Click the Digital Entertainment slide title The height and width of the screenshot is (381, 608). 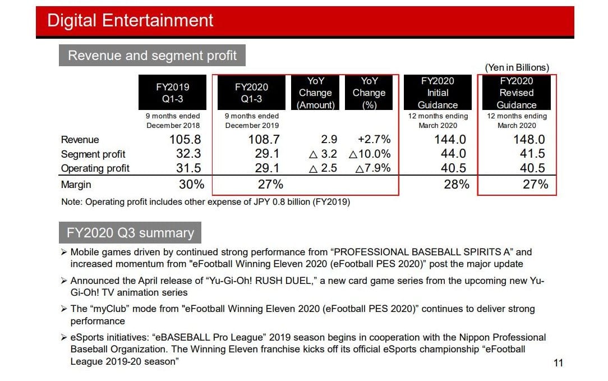point(130,20)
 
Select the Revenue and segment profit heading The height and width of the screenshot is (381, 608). point(152,56)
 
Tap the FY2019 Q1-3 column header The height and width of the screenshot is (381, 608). point(173,93)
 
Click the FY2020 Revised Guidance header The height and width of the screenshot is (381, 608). point(517,93)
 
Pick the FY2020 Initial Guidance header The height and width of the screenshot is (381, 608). point(438,93)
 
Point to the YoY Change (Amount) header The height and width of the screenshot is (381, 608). point(315,93)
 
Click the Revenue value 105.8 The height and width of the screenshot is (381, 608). point(185,139)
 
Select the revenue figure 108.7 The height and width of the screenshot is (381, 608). point(264,139)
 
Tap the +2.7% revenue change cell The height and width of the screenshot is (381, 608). point(374,139)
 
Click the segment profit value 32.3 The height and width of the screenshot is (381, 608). point(188,154)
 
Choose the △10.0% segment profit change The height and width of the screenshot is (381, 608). point(370,154)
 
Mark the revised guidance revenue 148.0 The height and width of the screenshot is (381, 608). point(529,139)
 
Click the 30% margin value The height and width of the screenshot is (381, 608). point(192,184)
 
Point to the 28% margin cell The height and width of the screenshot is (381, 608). point(457,184)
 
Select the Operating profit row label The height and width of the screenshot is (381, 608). point(95,168)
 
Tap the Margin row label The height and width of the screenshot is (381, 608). point(76,185)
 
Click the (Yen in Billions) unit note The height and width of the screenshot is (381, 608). point(517,67)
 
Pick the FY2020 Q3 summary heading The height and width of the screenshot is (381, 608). point(130,233)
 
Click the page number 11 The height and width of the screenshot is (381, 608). point(558,363)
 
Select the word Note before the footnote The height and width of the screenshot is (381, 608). point(71,202)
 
